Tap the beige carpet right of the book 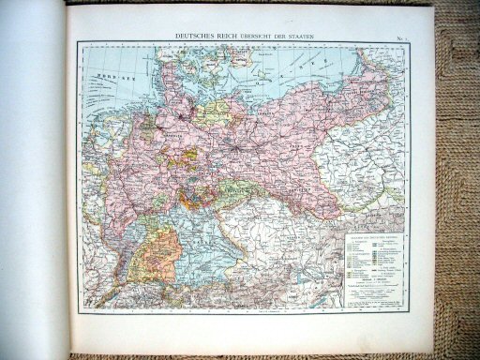tap(455, 187)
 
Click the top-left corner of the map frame tap(80, 42)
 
